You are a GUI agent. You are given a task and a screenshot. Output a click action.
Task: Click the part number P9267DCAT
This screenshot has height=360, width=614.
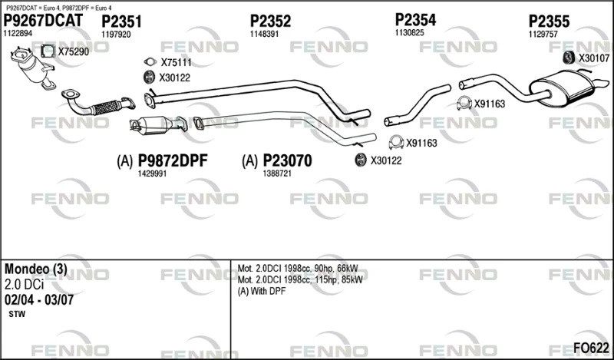click(43, 21)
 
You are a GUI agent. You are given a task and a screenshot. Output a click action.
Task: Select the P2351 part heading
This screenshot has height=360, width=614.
click(121, 22)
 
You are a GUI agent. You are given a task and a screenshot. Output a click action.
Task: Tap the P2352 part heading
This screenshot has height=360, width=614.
click(271, 21)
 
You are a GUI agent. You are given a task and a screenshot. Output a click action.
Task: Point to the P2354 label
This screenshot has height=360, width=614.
click(415, 20)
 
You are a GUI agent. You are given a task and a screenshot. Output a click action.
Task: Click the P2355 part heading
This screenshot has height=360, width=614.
click(549, 21)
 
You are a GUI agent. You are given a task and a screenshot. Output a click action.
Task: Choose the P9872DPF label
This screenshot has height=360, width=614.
click(172, 161)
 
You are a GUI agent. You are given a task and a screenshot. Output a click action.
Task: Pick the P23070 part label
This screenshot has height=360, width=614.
click(287, 161)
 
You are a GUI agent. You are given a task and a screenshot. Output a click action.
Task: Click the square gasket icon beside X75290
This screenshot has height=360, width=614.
click(48, 51)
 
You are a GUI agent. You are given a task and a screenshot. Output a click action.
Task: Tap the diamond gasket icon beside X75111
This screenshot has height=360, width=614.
click(150, 62)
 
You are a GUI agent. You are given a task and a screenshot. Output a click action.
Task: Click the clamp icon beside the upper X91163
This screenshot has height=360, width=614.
click(464, 103)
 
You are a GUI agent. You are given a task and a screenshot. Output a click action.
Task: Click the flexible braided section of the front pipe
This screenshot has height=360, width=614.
click(107, 107)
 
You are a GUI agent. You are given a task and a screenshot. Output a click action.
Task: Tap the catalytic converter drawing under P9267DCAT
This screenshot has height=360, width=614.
click(34, 68)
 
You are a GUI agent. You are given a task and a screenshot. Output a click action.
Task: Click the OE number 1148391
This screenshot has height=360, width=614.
click(264, 34)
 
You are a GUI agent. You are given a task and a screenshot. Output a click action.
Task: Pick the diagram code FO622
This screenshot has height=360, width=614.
click(591, 348)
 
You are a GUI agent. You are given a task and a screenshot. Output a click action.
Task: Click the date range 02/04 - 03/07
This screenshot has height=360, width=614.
click(39, 300)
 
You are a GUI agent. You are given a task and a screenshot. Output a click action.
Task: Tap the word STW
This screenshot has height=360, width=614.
click(17, 314)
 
